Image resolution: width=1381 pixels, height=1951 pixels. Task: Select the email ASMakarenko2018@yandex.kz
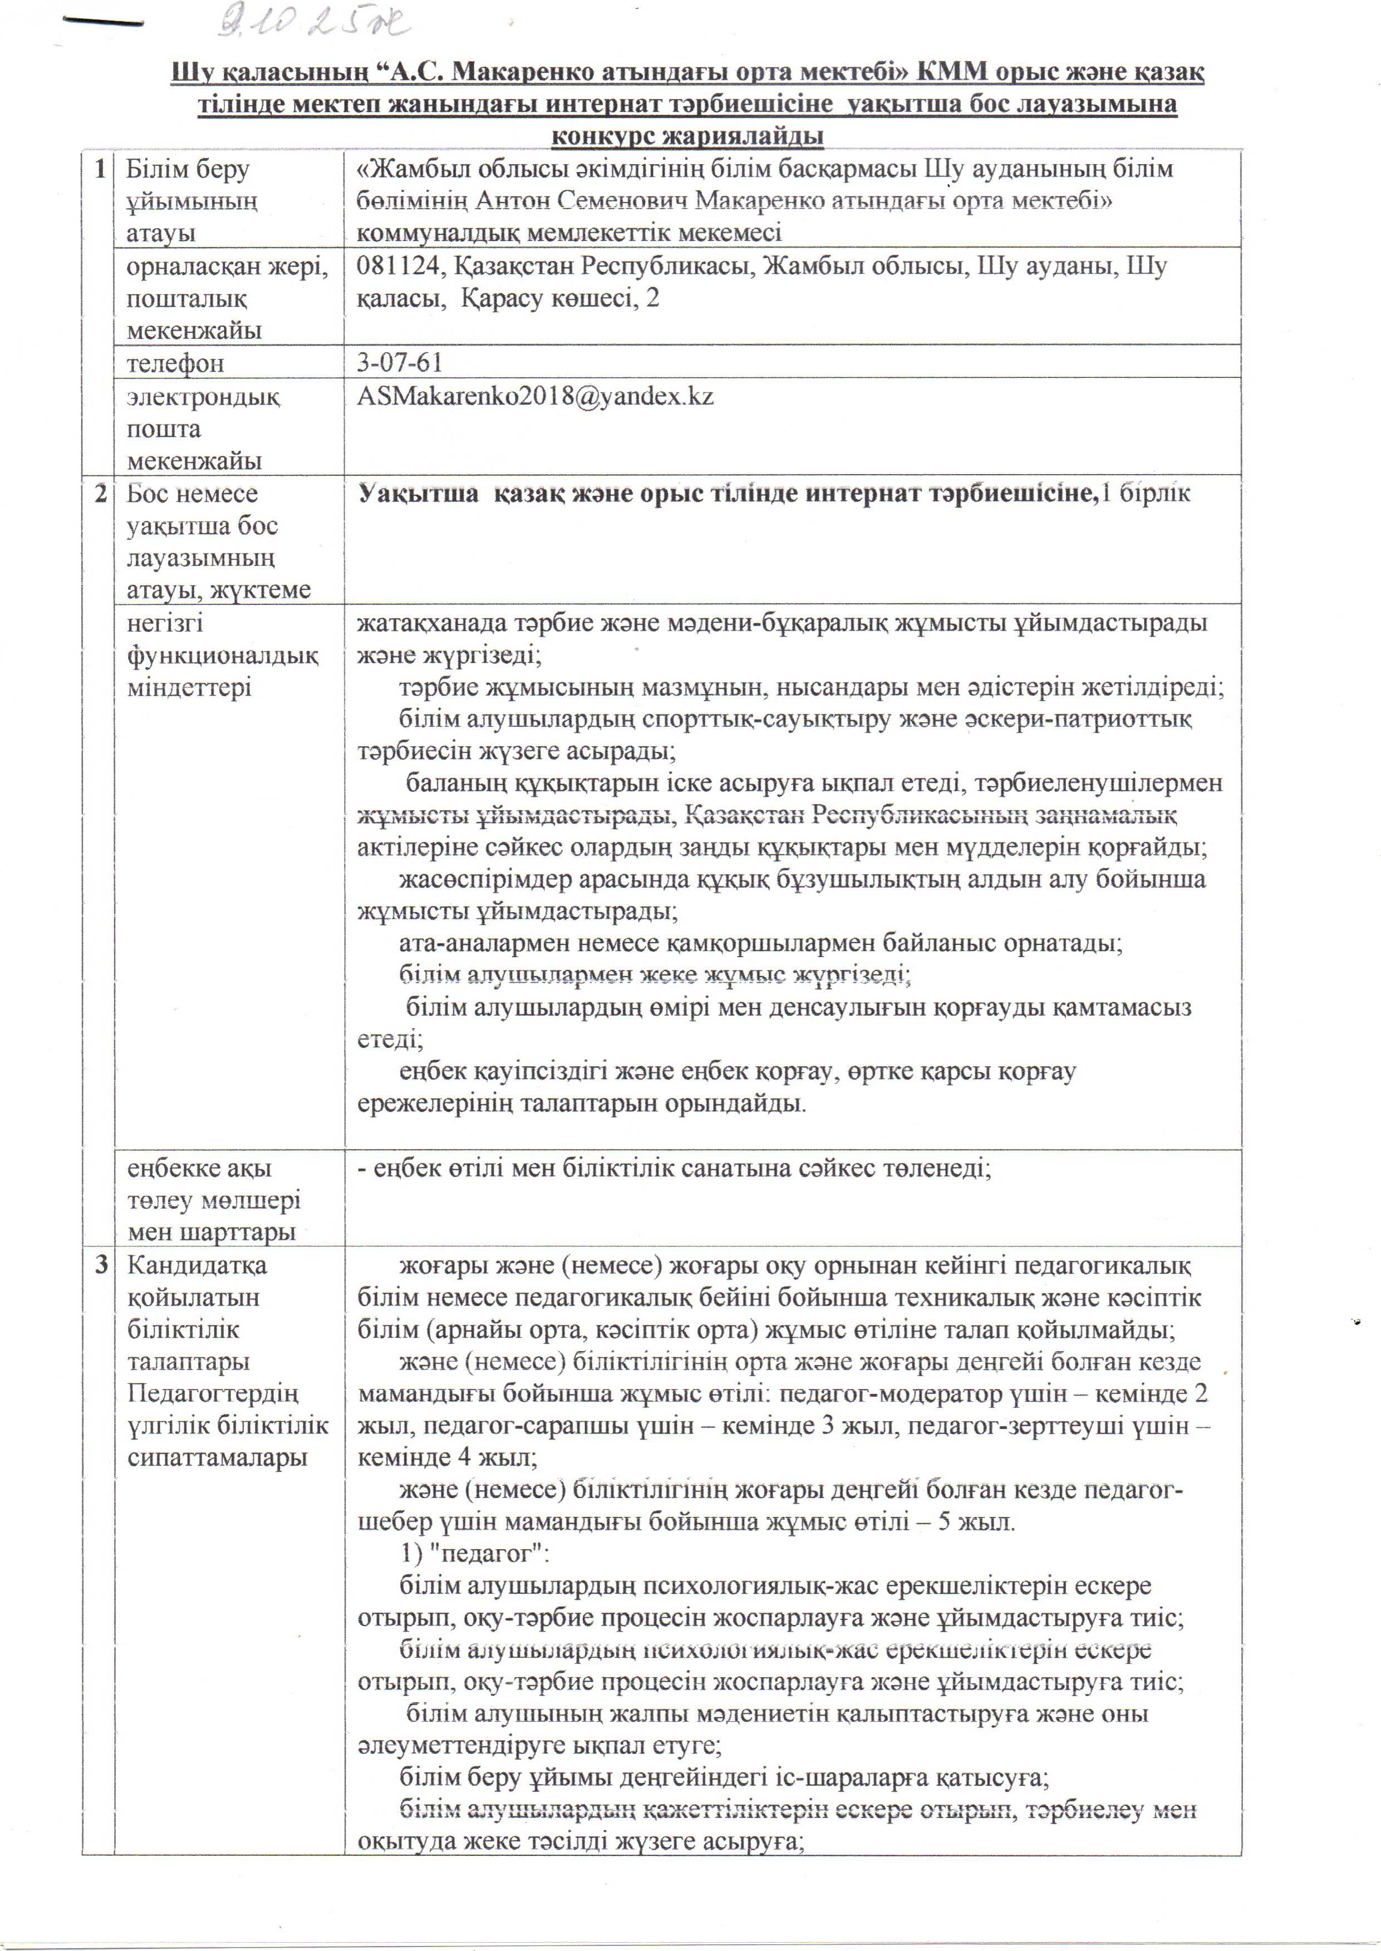(x=535, y=397)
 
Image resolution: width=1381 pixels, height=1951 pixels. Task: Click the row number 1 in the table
(x=100, y=169)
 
